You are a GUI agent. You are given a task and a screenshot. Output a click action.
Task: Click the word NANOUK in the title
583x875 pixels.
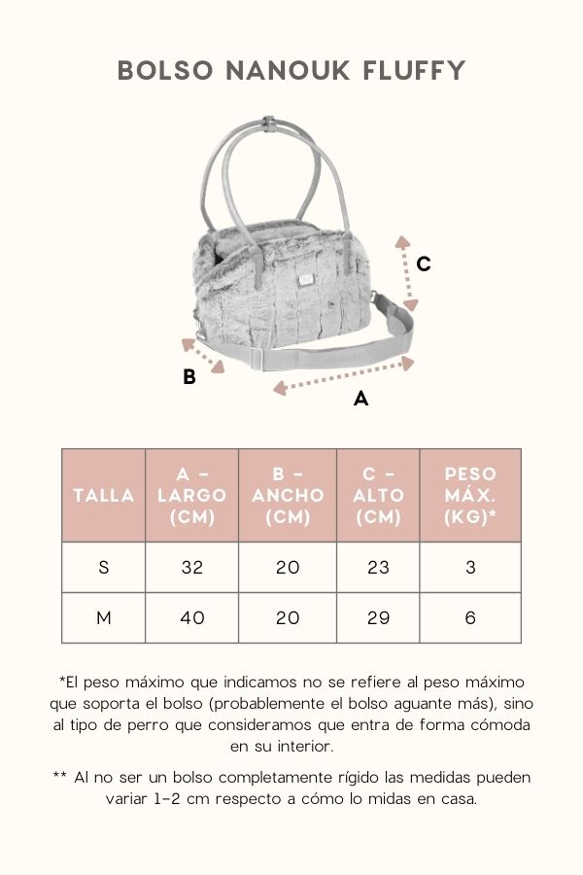tap(289, 71)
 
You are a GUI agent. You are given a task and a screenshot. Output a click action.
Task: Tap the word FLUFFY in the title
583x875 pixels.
tap(414, 71)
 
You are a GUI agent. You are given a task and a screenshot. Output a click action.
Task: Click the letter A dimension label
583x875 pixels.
tap(360, 399)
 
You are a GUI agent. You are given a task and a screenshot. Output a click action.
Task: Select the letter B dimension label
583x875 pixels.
tap(189, 376)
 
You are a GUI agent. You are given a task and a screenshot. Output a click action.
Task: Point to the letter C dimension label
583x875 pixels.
tap(424, 263)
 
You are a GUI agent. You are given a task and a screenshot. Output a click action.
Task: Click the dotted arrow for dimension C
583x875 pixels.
tap(407, 273)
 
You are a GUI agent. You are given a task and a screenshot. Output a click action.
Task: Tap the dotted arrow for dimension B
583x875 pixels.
tap(203, 356)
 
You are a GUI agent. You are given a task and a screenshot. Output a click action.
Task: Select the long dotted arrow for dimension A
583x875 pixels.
tap(344, 375)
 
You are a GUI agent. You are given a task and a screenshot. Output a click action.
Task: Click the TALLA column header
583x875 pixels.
tap(104, 495)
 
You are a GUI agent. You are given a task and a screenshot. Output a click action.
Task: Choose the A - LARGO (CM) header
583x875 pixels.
tap(192, 495)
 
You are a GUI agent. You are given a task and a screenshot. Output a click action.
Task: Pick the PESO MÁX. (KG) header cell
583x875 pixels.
tap(470, 495)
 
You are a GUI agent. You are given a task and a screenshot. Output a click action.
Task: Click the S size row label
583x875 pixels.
tap(104, 568)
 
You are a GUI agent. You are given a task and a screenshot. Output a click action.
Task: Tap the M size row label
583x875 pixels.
tap(104, 617)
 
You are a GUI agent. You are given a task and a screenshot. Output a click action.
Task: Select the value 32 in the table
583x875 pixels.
tap(192, 568)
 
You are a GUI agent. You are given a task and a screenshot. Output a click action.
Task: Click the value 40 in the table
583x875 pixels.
tap(192, 617)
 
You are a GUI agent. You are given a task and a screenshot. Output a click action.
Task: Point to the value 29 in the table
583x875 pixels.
tap(378, 617)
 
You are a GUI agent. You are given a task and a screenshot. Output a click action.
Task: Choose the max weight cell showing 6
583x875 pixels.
tap(470, 617)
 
